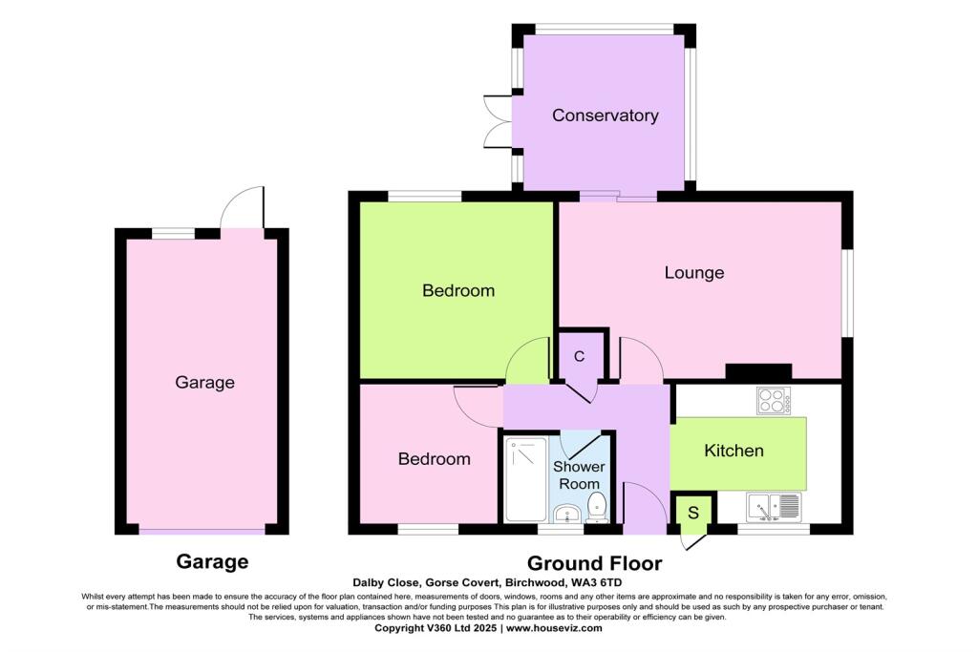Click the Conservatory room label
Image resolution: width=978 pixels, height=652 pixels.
click(x=605, y=116)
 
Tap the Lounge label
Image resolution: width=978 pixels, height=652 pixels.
click(x=694, y=273)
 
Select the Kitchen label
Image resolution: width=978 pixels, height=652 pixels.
click(x=733, y=451)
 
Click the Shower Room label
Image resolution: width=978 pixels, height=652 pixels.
click(x=580, y=475)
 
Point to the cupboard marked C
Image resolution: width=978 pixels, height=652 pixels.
click(x=579, y=357)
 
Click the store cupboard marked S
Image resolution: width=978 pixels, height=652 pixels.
click(x=692, y=513)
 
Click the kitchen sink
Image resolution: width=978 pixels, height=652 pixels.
click(x=772, y=506)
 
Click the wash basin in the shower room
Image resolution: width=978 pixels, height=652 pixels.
click(x=567, y=514)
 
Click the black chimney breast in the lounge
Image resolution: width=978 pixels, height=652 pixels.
click(x=758, y=371)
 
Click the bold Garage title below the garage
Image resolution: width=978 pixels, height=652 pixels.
click(x=212, y=561)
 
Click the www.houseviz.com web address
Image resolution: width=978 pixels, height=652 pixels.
click(x=553, y=628)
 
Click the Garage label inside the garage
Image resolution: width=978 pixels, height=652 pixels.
click(x=204, y=383)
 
